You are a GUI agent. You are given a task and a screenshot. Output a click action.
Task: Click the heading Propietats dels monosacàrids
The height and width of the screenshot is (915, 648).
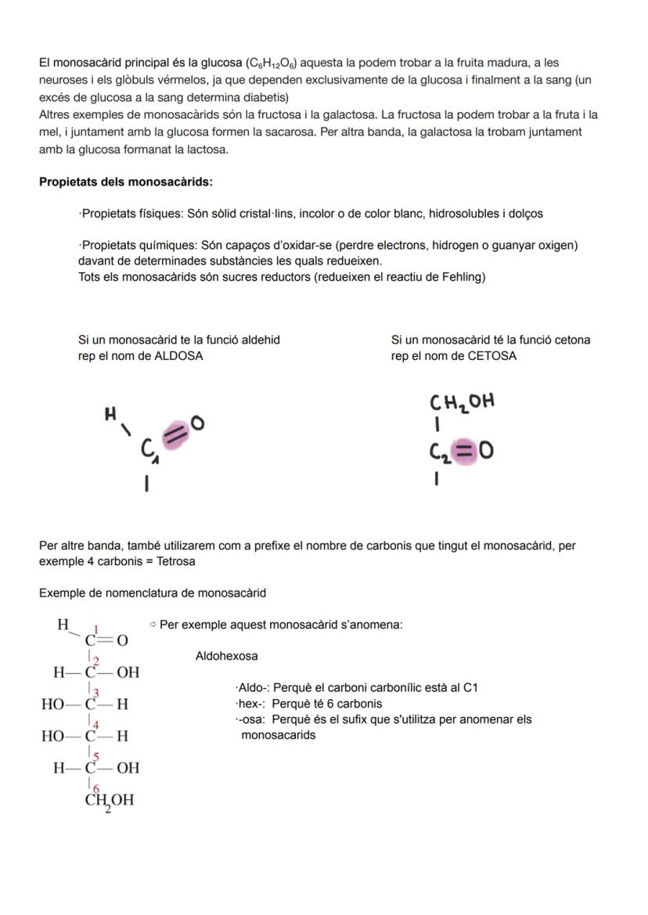coord(125,182)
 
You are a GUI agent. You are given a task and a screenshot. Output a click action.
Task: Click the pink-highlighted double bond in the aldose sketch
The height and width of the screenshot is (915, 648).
coord(176,431)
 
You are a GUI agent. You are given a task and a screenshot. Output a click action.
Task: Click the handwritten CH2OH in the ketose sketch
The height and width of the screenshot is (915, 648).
coord(462,402)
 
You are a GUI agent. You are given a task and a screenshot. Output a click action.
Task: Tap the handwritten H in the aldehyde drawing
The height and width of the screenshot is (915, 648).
coord(111,414)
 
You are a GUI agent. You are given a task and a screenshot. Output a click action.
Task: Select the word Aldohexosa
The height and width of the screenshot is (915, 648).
coord(226,656)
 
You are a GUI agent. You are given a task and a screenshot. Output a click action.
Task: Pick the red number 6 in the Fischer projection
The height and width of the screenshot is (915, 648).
coord(96,788)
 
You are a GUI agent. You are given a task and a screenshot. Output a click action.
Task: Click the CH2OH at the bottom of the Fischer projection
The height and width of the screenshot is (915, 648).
coord(109,801)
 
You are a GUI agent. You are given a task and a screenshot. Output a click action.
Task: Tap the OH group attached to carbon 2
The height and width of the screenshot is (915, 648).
coord(128,672)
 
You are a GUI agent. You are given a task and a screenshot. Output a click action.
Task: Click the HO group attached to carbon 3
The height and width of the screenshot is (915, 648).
coord(52,704)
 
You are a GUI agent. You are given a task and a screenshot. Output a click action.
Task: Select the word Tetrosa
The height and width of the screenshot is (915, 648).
coord(176,562)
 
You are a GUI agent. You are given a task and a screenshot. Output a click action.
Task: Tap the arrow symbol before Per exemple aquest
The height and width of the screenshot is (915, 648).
coord(153,625)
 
